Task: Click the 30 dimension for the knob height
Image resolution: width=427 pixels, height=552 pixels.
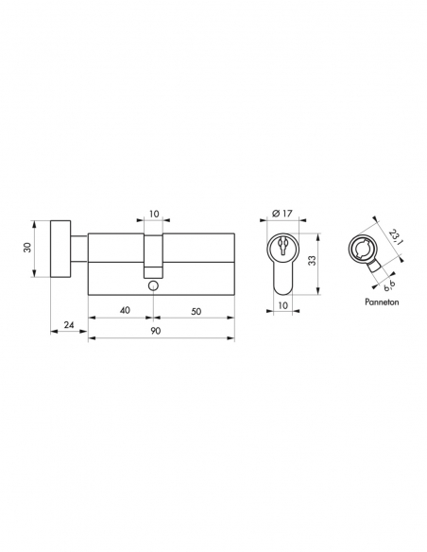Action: (x=28, y=248)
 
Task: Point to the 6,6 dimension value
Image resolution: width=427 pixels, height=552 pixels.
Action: (x=389, y=277)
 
